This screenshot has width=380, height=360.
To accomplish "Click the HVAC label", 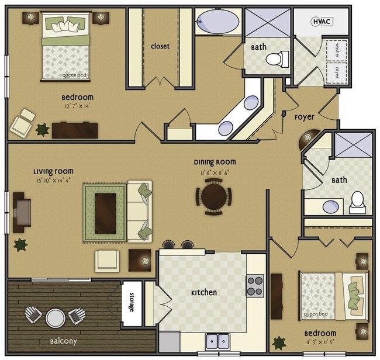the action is [x=322, y=22].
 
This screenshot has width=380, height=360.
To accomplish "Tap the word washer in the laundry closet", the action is [x=337, y=50].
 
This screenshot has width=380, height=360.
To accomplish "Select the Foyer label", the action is [x=304, y=117].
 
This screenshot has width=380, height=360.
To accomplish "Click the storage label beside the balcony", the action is [x=132, y=302].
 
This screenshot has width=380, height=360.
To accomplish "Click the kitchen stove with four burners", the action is [x=255, y=286].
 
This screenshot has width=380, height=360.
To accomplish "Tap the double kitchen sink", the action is [x=217, y=341].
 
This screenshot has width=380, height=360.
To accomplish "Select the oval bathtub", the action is [x=217, y=21].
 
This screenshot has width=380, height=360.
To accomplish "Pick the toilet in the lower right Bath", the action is [x=357, y=202].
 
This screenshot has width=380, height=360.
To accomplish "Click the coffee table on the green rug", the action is [x=105, y=213].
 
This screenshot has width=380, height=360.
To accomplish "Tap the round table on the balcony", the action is [x=56, y=318].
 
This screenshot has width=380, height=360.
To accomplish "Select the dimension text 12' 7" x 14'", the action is [x=77, y=106].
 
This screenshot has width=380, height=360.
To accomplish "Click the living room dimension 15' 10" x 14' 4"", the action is [x=53, y=181].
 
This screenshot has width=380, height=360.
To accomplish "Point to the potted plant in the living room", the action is [x=20, y=245].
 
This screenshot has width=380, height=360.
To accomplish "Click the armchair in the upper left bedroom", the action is [x=22, y=123].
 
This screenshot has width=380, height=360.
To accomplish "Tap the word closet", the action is [x=160, y=46].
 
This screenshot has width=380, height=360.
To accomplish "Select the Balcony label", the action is [x=64, y=341].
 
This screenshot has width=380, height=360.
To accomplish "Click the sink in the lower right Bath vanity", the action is [x=331, y=207].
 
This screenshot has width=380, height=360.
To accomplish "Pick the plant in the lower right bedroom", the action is [x=279, y=343].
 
